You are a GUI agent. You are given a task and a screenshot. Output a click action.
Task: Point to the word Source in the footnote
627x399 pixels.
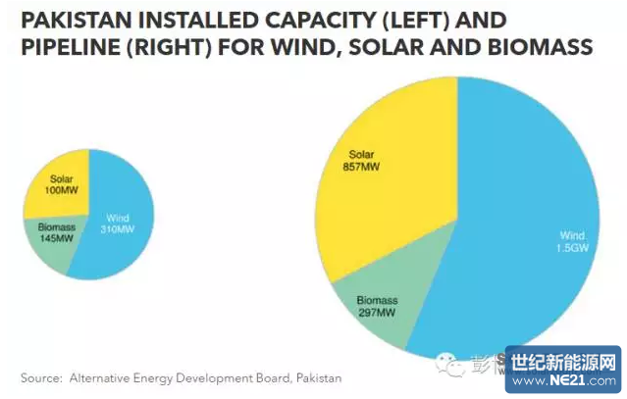[x=40, y=377]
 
